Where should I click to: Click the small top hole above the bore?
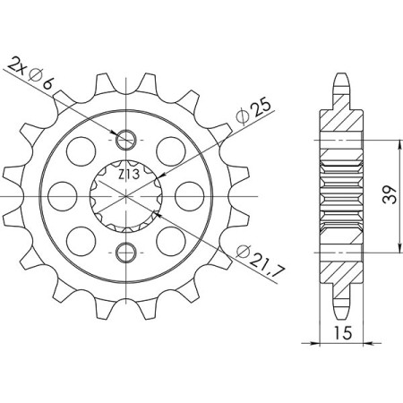(126, 139)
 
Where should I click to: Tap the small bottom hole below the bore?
(126, 248)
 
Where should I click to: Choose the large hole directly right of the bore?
(190, 193)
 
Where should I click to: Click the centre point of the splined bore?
(126, 193)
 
